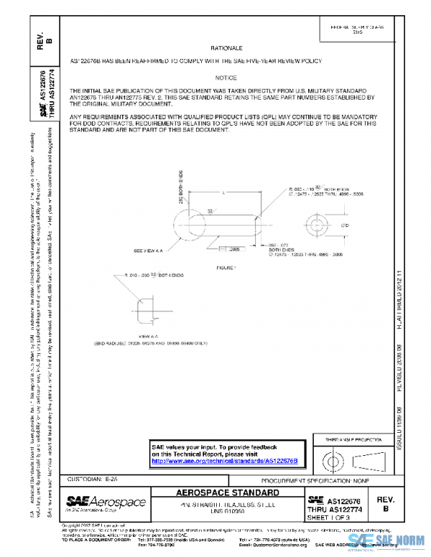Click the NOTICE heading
pos(225,77)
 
